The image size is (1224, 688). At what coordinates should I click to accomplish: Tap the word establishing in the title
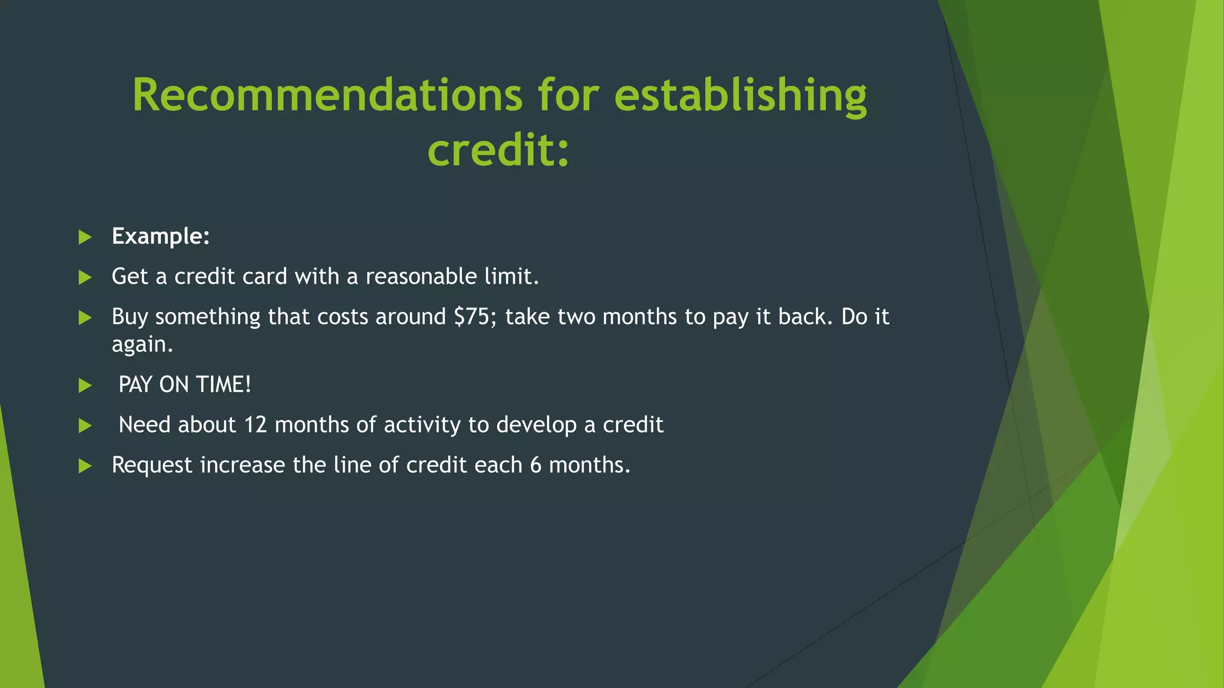tap(740, 95)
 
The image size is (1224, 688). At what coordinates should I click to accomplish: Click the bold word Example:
tap(161, 236)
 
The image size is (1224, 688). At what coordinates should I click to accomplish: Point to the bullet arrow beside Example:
tap(85, 237)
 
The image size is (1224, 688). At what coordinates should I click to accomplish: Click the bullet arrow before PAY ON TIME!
tap(85, 385)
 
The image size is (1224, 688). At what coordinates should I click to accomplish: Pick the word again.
tap(142, 345)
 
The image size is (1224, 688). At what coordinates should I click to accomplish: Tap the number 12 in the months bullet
tap(255, 425)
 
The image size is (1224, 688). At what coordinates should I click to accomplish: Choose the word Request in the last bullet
tap(152, 465)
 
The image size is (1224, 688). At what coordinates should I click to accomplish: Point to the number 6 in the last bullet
tap(535, 465)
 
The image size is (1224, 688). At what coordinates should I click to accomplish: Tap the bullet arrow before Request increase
tap(85, 466)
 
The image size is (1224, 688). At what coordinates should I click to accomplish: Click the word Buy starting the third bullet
tap(130, 317)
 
